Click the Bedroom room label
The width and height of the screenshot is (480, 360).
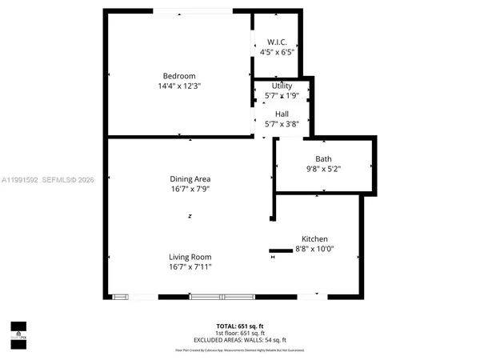(x=179, y=76)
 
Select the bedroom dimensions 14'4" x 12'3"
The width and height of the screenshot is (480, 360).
(x=179, y=86)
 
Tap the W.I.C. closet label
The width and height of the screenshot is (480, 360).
(x=277, y=42)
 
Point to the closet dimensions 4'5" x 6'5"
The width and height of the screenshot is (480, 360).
(x=277, y=52)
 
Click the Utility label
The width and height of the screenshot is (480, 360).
(x=282, y=86)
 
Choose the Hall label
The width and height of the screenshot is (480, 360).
(x=282, y=114)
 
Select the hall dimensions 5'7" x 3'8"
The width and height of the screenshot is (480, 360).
(x=282, y=124)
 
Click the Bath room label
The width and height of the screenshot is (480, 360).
(x=323, y=158)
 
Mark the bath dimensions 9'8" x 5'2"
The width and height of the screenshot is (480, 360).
(x=323, y=169)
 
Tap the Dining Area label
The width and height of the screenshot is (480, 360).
(x=190, y=178)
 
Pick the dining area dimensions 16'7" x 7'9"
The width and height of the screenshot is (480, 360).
(x=190, y=189)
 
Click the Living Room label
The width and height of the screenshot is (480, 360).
(x=190, y=256)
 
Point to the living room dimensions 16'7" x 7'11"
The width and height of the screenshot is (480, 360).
(x=190, y=266)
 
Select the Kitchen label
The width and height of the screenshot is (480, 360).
(x=314, y=239)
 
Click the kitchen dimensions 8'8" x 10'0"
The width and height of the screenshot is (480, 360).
(x=314, y=250)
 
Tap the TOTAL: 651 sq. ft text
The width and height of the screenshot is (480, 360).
(x=239, y=326)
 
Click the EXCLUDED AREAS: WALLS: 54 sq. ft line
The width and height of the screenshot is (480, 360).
(x=239, y=340)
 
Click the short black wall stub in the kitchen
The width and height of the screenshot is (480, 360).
(x=281, y=250)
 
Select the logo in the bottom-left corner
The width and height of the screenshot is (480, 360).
(x=18, y=330)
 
